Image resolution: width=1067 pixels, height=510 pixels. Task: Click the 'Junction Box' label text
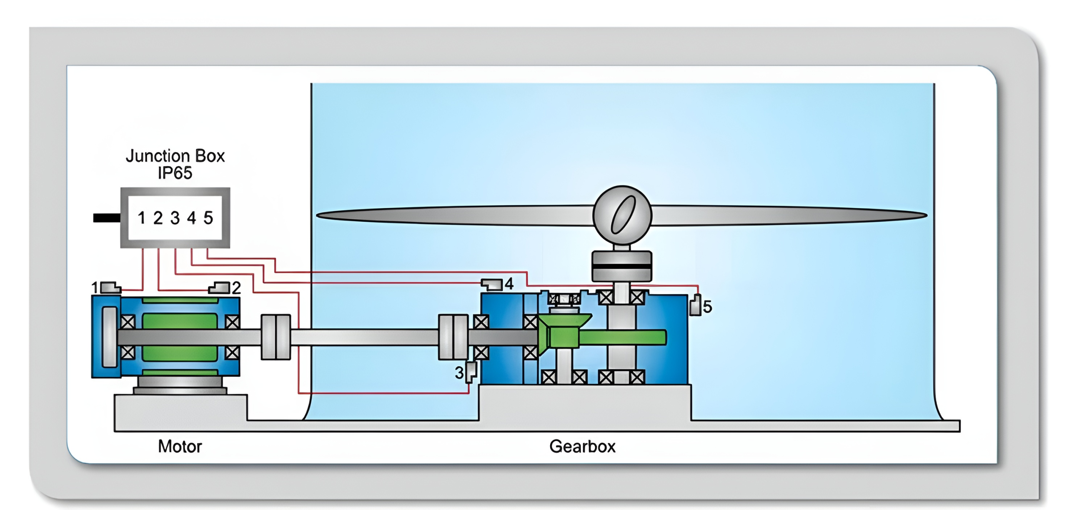tap(175, 156)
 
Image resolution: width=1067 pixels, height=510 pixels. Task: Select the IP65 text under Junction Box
tap(175, 173)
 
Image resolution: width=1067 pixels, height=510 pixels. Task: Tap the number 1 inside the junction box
tap(142, 218)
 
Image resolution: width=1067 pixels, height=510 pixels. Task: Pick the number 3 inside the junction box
tap(175, 218)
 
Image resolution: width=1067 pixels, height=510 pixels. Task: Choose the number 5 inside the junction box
tap(208, 218)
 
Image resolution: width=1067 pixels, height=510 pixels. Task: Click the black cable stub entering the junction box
tap(107, 217)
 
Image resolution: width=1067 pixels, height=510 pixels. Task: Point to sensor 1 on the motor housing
tap(110, 288)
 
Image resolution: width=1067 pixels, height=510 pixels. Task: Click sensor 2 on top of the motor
tap(220, 287)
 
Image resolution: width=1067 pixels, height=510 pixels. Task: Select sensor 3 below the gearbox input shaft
tap(471, 372)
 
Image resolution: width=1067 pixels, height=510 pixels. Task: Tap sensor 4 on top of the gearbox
tap(492, 284)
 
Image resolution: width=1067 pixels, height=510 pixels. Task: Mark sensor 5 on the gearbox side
tap(695, 305)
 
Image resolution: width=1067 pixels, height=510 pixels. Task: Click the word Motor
tap(180, 447)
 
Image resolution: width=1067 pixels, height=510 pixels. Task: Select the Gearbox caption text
tap(582, 447)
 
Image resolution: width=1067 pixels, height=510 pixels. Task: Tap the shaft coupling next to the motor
tap(276, 337)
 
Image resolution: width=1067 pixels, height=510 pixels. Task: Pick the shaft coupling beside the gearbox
tap(453, 337)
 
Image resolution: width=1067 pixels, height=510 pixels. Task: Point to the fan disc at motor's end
tap(109, 337)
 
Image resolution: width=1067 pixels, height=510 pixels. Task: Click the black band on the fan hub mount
tap(621, 266)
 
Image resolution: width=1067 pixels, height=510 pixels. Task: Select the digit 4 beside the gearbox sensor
tap(509, 284)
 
